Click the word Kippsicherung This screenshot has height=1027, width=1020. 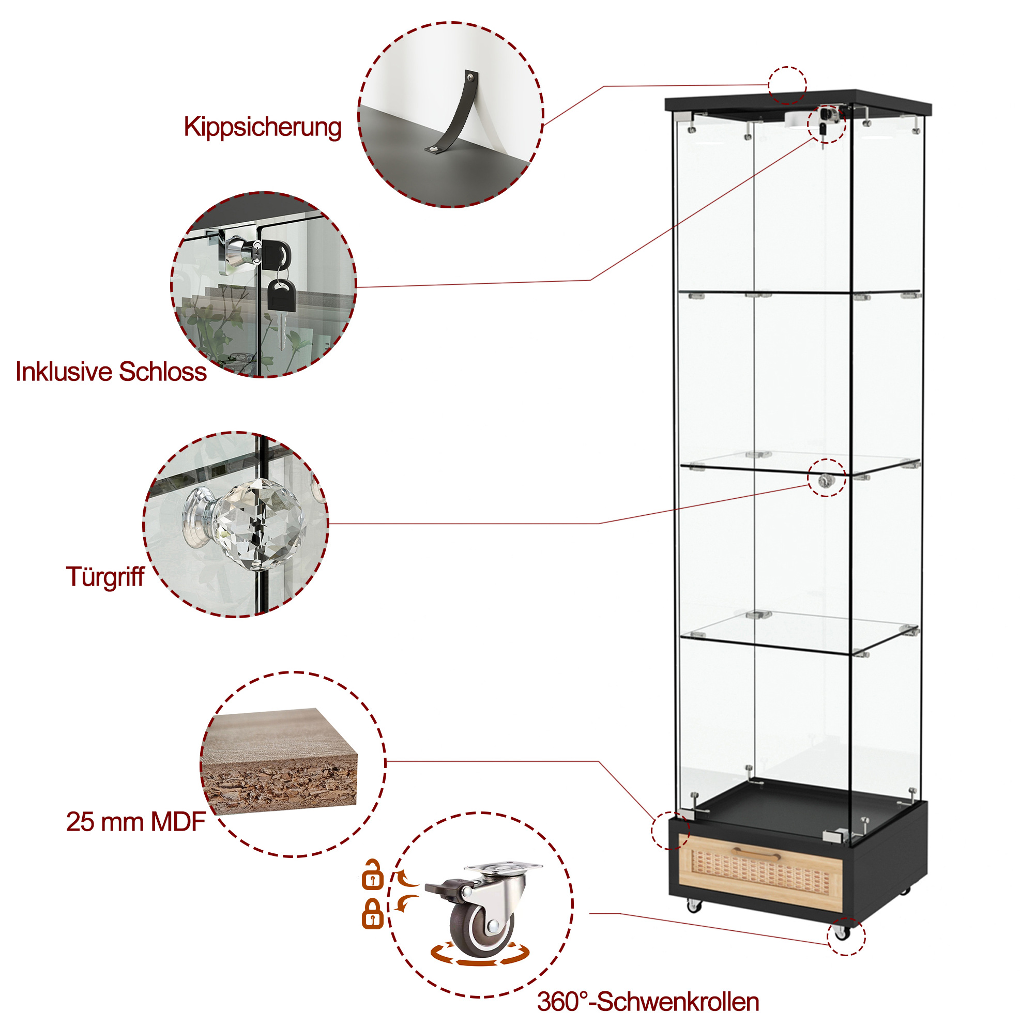point(262,128)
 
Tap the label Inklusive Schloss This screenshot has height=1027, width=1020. point(111,372)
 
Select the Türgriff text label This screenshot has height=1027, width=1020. point(105,577)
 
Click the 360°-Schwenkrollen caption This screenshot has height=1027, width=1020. point(648,1002)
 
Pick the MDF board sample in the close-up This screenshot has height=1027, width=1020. point(279,761)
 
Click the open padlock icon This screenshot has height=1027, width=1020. point(372,874)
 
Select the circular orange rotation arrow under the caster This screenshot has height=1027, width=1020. point(480,954)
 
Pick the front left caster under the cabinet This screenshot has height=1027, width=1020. point(693,905)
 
